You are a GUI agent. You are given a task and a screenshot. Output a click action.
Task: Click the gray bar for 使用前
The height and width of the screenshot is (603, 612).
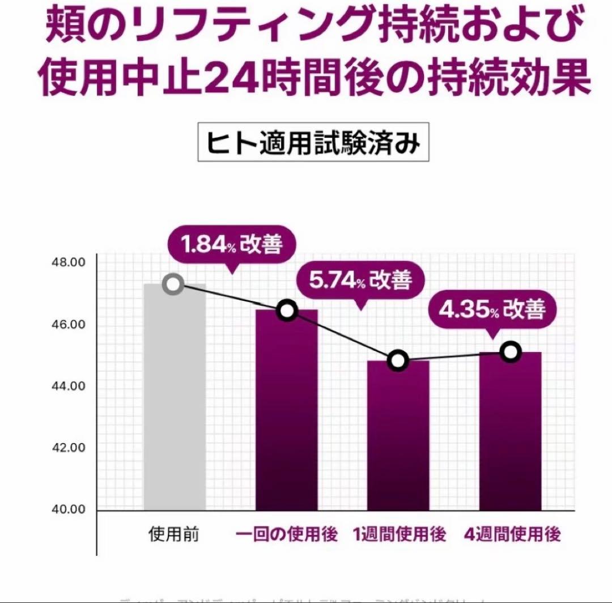coord(175,397)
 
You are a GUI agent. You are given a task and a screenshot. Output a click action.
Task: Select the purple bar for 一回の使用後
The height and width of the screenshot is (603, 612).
coord(287,411)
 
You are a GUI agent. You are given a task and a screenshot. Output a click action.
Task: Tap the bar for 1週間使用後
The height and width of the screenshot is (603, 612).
coord(398,436)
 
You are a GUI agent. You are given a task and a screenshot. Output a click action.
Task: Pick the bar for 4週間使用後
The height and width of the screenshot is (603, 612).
coord(510,431)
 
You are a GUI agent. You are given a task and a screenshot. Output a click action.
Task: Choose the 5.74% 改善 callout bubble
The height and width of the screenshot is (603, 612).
coord(360,280)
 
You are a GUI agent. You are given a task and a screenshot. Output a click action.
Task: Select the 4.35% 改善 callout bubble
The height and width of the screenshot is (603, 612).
coord(492,310)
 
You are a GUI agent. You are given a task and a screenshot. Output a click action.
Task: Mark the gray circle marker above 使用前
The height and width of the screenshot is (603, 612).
coord(173,284)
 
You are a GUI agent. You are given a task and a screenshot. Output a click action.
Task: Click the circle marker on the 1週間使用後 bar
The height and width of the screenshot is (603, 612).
coord(398,360)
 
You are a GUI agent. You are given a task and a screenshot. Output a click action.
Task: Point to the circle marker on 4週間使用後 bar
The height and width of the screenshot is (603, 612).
coord(511,352)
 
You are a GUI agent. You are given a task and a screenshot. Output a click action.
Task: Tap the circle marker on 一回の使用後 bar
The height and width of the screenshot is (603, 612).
coord(287,311)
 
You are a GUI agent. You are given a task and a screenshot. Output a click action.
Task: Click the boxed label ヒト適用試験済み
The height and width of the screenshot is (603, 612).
coord(313,142)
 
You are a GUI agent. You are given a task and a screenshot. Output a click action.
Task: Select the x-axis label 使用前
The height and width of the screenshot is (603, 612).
coord(174,534)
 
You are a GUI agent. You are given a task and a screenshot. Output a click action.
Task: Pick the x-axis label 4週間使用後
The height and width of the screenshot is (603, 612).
coord(512,534)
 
